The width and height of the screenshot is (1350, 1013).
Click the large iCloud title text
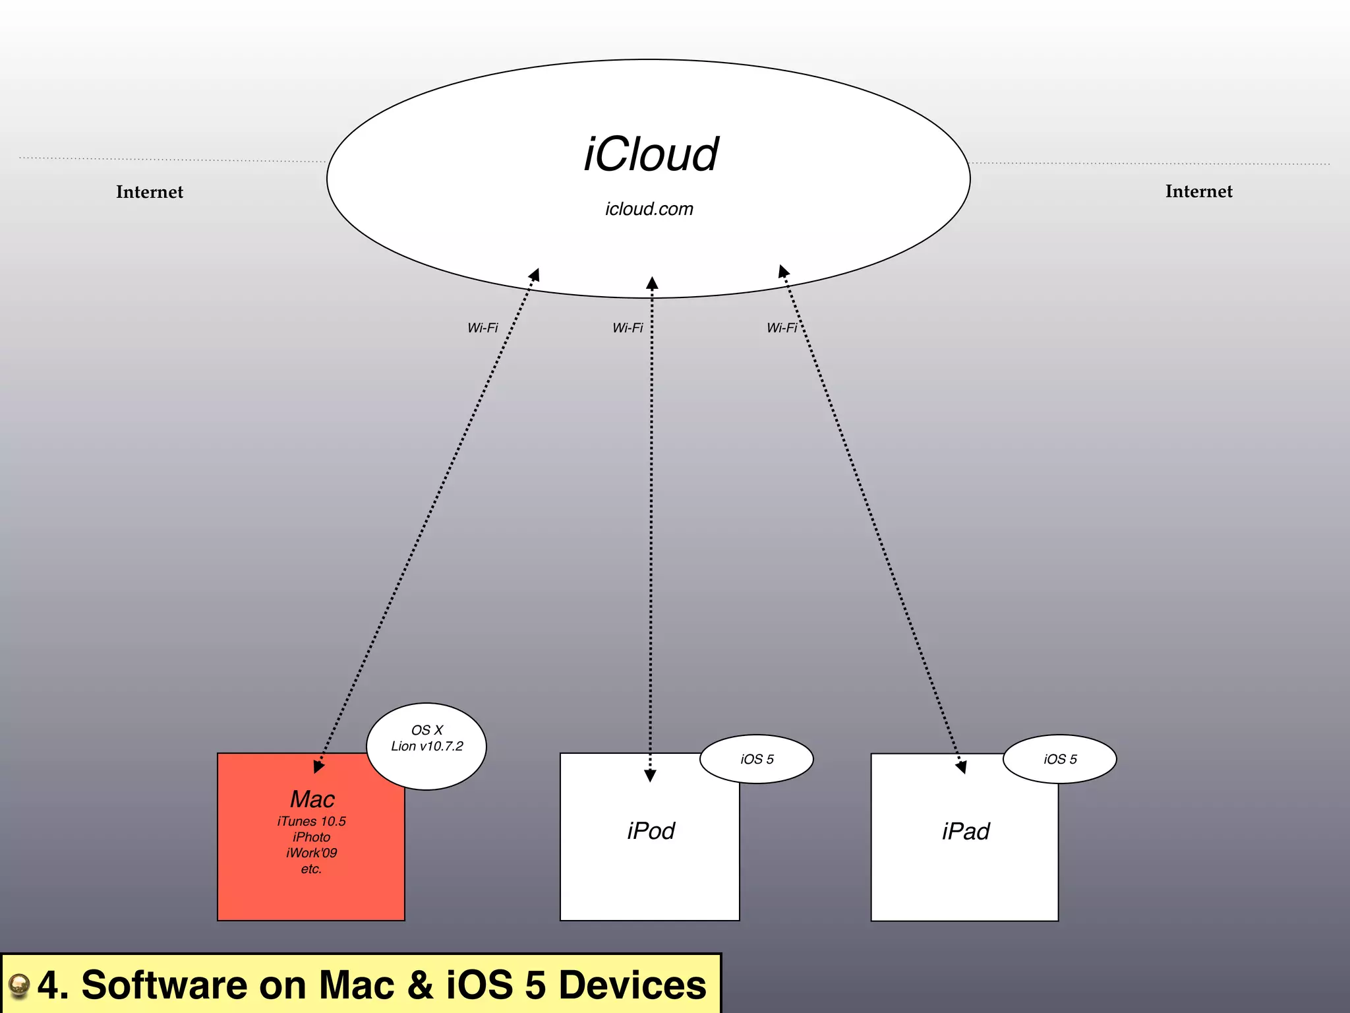coord(651,155)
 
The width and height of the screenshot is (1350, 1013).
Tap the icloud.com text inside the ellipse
coord(649,209)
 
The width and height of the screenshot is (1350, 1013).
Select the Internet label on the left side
coord(150,192)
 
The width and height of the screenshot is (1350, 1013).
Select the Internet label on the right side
coord(1198,191)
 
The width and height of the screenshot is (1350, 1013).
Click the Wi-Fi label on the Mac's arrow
coord(483,328)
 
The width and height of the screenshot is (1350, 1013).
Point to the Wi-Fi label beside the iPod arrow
coord(628,328)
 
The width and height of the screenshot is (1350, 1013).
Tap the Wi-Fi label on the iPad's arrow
coord(782,328)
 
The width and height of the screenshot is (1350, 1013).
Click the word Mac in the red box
coord(312,799)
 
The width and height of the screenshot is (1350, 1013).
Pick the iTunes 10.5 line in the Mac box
coord(311,821)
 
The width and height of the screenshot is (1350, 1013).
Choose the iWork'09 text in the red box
coord(311,853)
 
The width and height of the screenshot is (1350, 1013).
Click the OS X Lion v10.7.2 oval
coord(426,746)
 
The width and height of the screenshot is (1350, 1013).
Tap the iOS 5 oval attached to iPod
coord(757,759)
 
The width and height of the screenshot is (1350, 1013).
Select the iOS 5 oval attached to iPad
coord(1060,759)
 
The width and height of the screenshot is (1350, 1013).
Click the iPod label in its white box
coord(651,831)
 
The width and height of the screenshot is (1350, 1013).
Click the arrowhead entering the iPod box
coord(650,776)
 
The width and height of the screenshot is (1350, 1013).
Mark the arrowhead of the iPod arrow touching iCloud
coord(652,284)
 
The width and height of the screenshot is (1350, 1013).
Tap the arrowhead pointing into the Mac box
coord(318,766)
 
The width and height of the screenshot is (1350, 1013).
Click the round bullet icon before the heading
coord(19,985)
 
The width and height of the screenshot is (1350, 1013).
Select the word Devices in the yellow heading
coord(632,985)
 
